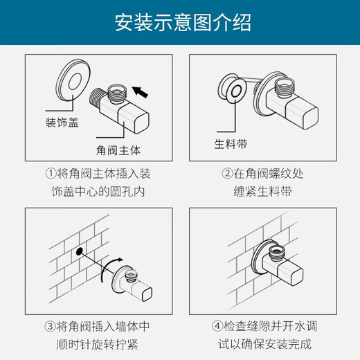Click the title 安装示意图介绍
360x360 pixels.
(183, 23)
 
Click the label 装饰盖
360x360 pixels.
(62, 123)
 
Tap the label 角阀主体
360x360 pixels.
(118, 150)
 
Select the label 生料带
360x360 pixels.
(231, 144)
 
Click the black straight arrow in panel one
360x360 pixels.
(140, 91)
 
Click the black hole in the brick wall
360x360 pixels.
(79, 251)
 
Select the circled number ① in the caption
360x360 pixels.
(51, 174)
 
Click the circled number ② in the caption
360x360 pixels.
(227, 174)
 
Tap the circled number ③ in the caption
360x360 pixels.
(50, 327)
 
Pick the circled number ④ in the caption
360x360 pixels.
(217, 326)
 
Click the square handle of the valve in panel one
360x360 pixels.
(134, 118)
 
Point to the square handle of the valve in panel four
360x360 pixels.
(291, 274)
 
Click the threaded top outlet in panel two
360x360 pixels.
(285, 87)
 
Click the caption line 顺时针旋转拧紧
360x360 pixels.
(97, 345)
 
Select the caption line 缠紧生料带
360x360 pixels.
(262, 192)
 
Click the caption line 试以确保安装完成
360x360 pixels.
(265, 344)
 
